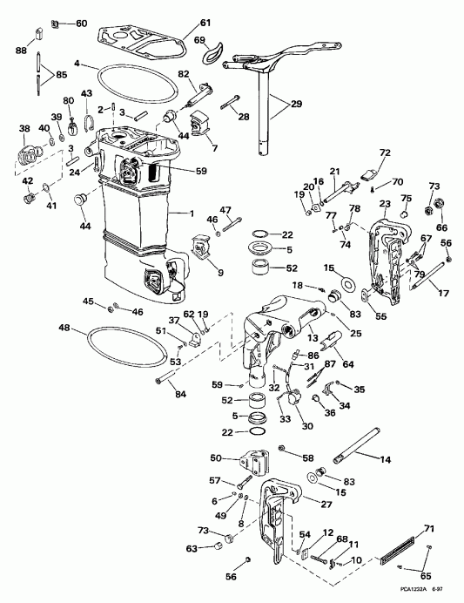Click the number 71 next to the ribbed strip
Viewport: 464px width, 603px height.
427,529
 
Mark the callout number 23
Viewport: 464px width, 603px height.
385,204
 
